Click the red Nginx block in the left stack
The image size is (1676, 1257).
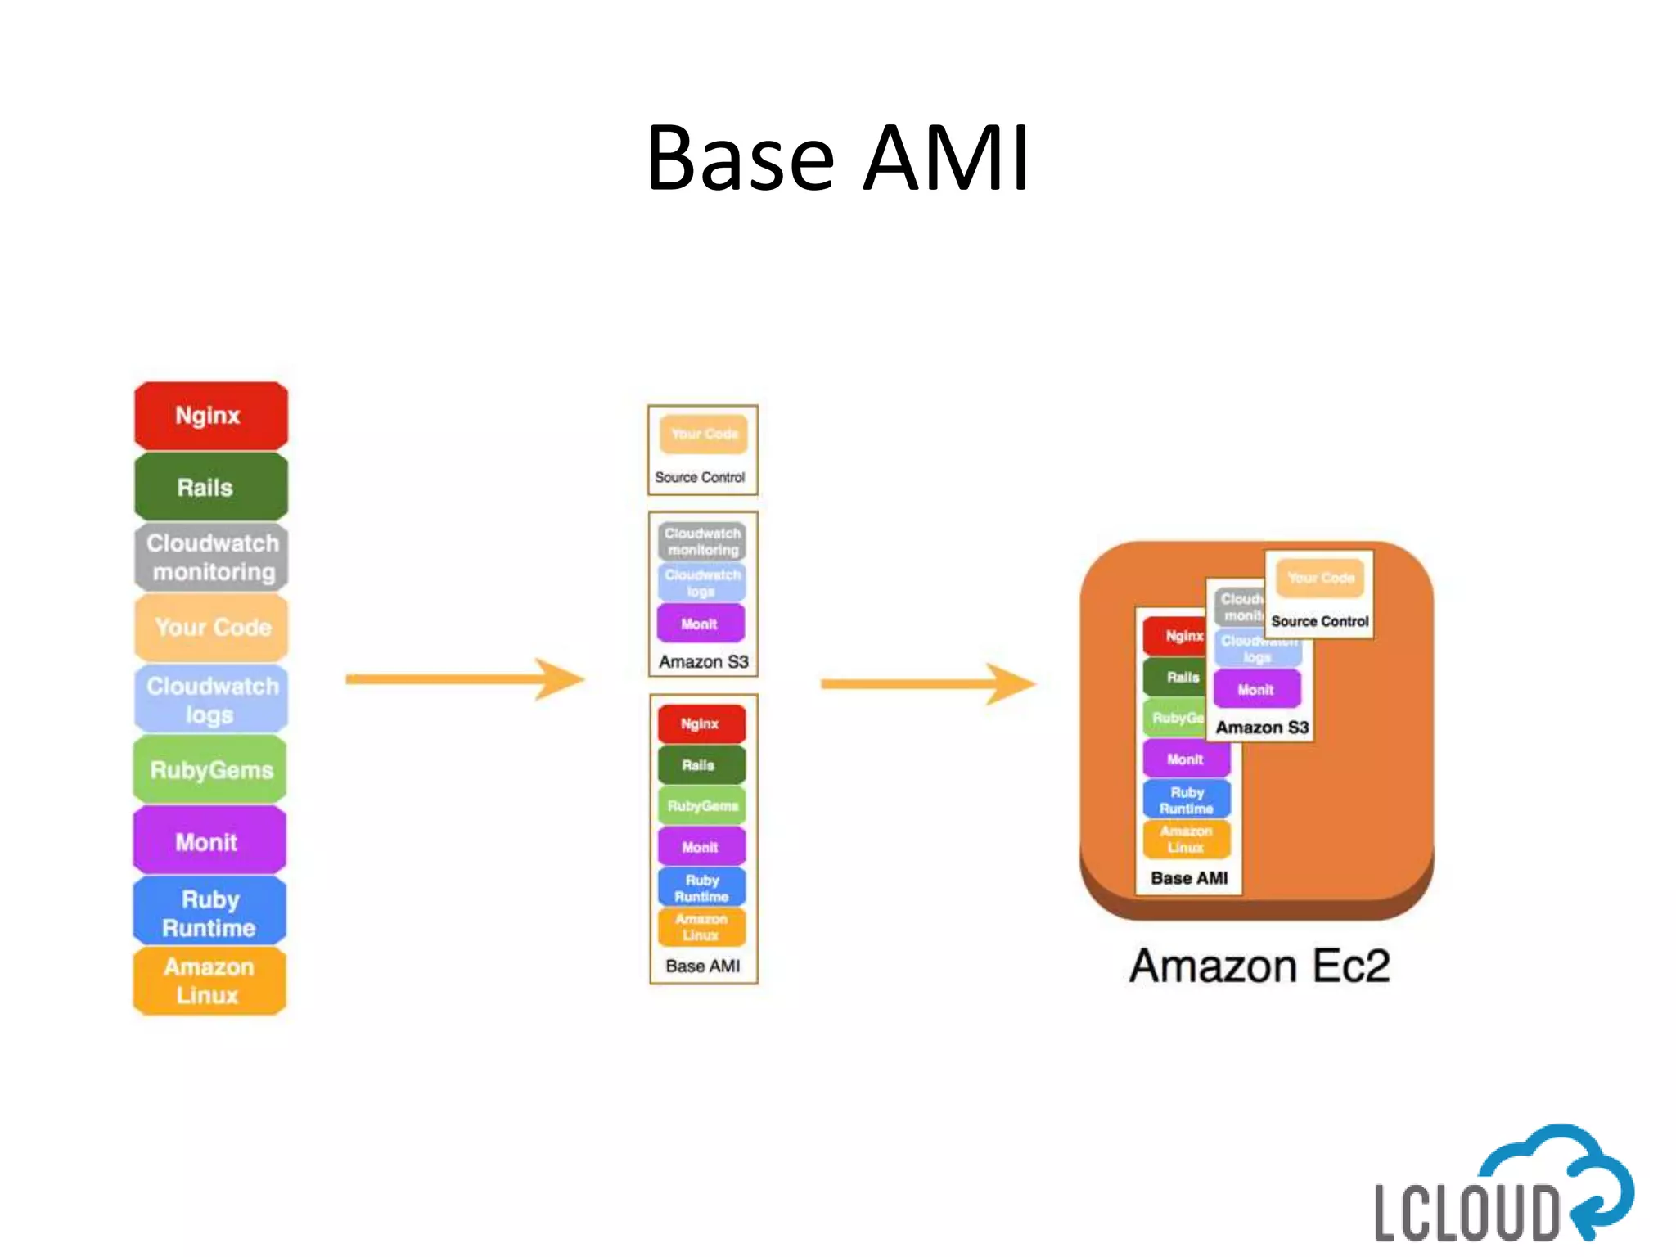point(210,415)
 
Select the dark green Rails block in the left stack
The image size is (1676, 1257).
point(210,487)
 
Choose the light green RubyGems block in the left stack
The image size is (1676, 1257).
point(210,769)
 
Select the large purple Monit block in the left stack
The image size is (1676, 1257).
point(209,841)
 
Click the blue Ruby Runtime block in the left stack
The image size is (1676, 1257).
point(209,912)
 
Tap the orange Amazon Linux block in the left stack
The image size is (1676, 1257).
point(209,980)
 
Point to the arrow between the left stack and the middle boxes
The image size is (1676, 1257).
point(464,679)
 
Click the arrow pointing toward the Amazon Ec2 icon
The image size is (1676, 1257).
point(927,684)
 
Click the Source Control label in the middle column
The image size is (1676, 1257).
point(700,477)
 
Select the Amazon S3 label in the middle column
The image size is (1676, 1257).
point(703,661)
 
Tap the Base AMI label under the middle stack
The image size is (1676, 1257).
point(702,966)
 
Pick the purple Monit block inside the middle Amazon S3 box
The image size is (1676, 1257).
point(701,624)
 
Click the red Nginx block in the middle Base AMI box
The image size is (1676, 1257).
point(701,723)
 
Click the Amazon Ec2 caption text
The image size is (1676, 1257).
point(1259,966)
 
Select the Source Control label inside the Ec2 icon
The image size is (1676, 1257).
point(1319,621)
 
